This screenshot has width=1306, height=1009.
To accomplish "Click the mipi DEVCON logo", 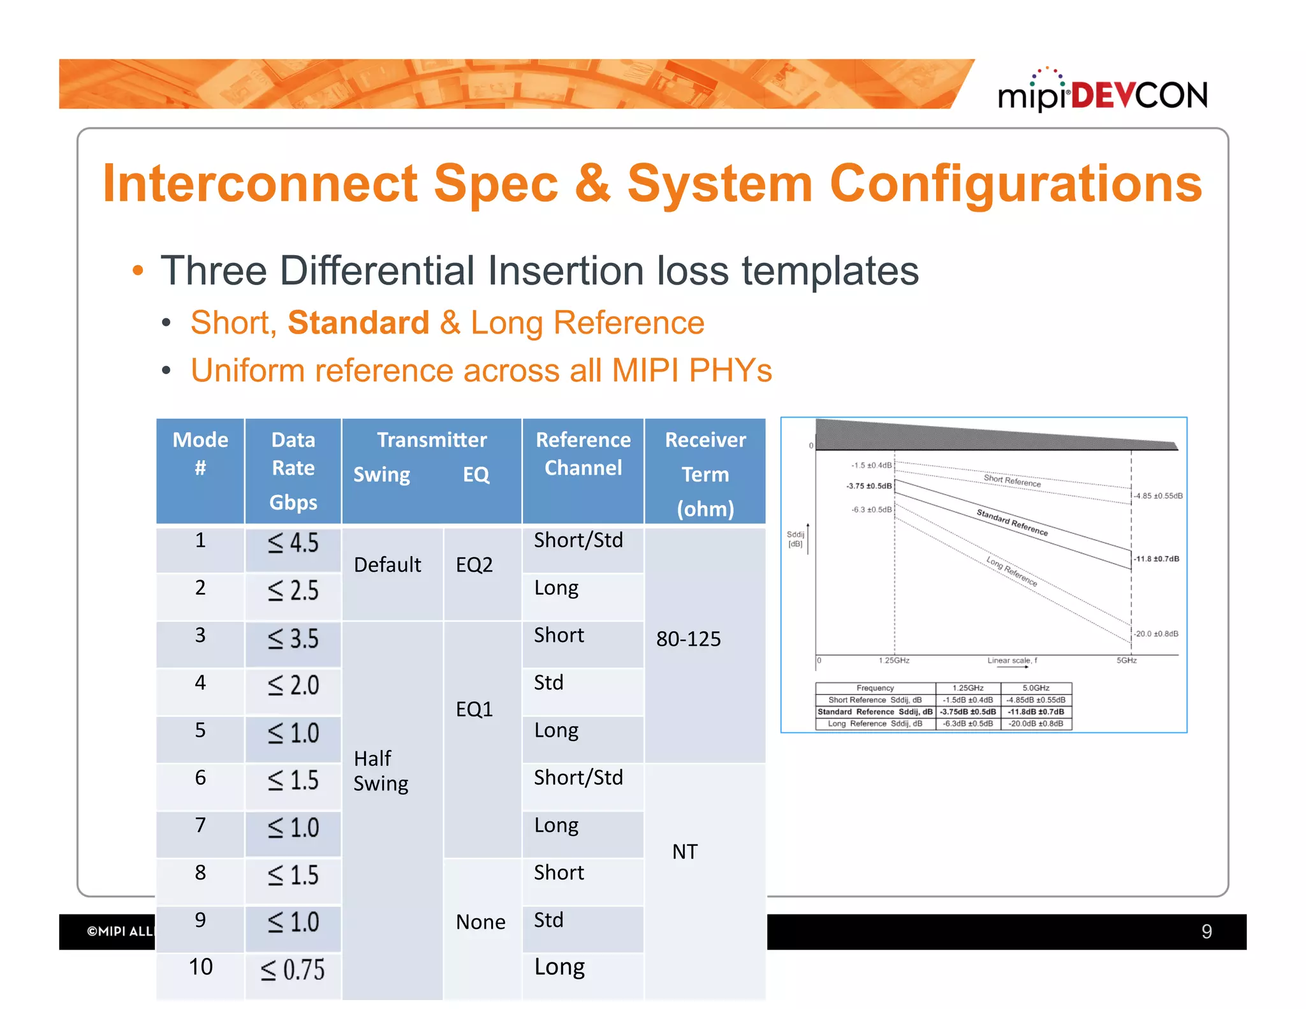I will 1102,93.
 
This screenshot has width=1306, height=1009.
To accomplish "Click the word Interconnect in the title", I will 260,184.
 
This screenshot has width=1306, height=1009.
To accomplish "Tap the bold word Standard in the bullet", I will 358,323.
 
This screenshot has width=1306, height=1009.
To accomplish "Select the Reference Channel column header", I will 583,454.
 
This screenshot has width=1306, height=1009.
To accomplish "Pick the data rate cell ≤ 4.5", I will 293,543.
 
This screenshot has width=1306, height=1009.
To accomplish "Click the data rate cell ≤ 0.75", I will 293,969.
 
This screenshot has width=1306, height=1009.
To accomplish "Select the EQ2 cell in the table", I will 474,565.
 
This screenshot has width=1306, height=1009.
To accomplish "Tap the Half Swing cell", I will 381,770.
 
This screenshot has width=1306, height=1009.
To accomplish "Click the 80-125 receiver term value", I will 689,639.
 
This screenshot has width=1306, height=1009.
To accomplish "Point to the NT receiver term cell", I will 685,852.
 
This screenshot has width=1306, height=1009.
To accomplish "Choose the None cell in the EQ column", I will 481,922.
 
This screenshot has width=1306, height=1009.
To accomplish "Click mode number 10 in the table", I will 200,967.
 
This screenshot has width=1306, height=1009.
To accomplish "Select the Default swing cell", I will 388,565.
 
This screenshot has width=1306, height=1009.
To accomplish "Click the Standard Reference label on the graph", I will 1012,522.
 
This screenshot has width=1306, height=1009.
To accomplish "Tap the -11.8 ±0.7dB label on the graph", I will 1156,559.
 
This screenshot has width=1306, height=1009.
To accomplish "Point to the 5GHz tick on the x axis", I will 1126,660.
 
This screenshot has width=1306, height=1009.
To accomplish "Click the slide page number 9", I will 1207,932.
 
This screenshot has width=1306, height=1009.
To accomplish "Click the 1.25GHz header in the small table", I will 968,688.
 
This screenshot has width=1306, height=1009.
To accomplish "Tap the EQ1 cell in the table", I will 474,709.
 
